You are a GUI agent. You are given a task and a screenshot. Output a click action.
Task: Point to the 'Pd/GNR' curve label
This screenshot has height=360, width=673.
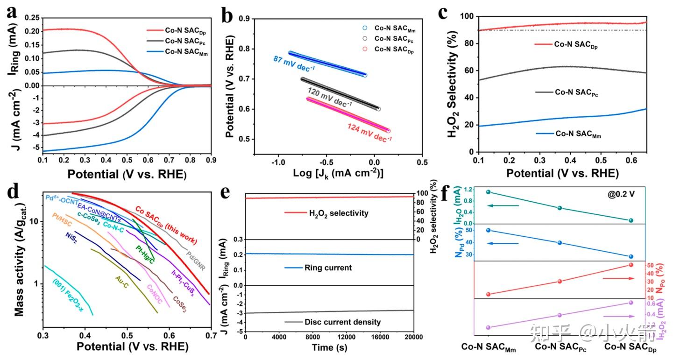[x=196, y=261]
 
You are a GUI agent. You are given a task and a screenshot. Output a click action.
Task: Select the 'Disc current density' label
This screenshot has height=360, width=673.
[x=342, y=322]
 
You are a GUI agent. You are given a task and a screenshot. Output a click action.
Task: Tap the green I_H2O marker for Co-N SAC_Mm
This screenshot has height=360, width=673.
[x=489, y=192]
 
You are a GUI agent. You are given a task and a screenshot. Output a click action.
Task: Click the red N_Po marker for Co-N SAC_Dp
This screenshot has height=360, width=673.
[x=631, y=265]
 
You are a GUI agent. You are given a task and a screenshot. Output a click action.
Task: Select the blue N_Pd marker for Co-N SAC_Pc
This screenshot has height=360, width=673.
[x=560, y=243]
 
